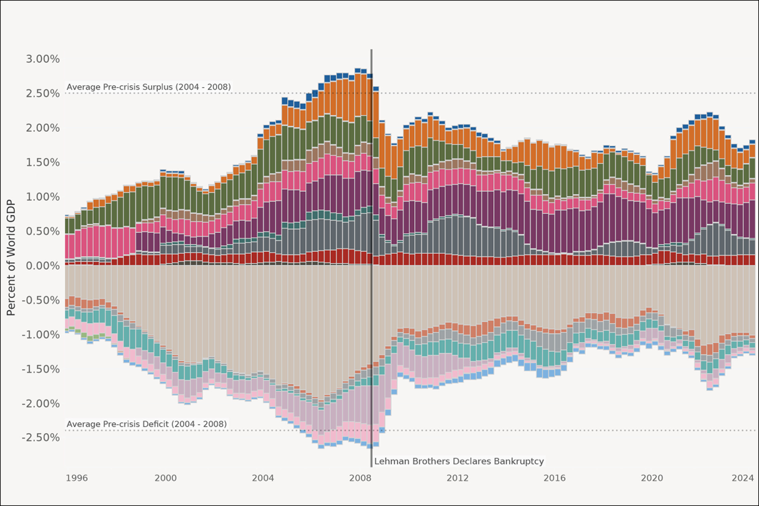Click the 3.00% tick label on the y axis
point(43,59)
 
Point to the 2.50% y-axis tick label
point(43,93)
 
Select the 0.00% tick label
point(43,266)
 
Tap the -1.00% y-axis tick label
point(41,335)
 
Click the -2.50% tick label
point(41,438)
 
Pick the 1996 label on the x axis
point(77,478)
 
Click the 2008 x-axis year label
point(360,478)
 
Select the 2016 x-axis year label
point(554,478)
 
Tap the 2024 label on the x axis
point(742,478)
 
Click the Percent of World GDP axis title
point(11,257)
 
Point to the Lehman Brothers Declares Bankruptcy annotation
point(459,461)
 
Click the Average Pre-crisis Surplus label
point(149,87)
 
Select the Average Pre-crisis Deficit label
point(147,424)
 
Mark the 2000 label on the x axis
point(166,478)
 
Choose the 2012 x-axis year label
point(457,478)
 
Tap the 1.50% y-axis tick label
point(43,162)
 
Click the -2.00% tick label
point(41,404)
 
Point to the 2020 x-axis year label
point(651,478)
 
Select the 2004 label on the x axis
point(263,478)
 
